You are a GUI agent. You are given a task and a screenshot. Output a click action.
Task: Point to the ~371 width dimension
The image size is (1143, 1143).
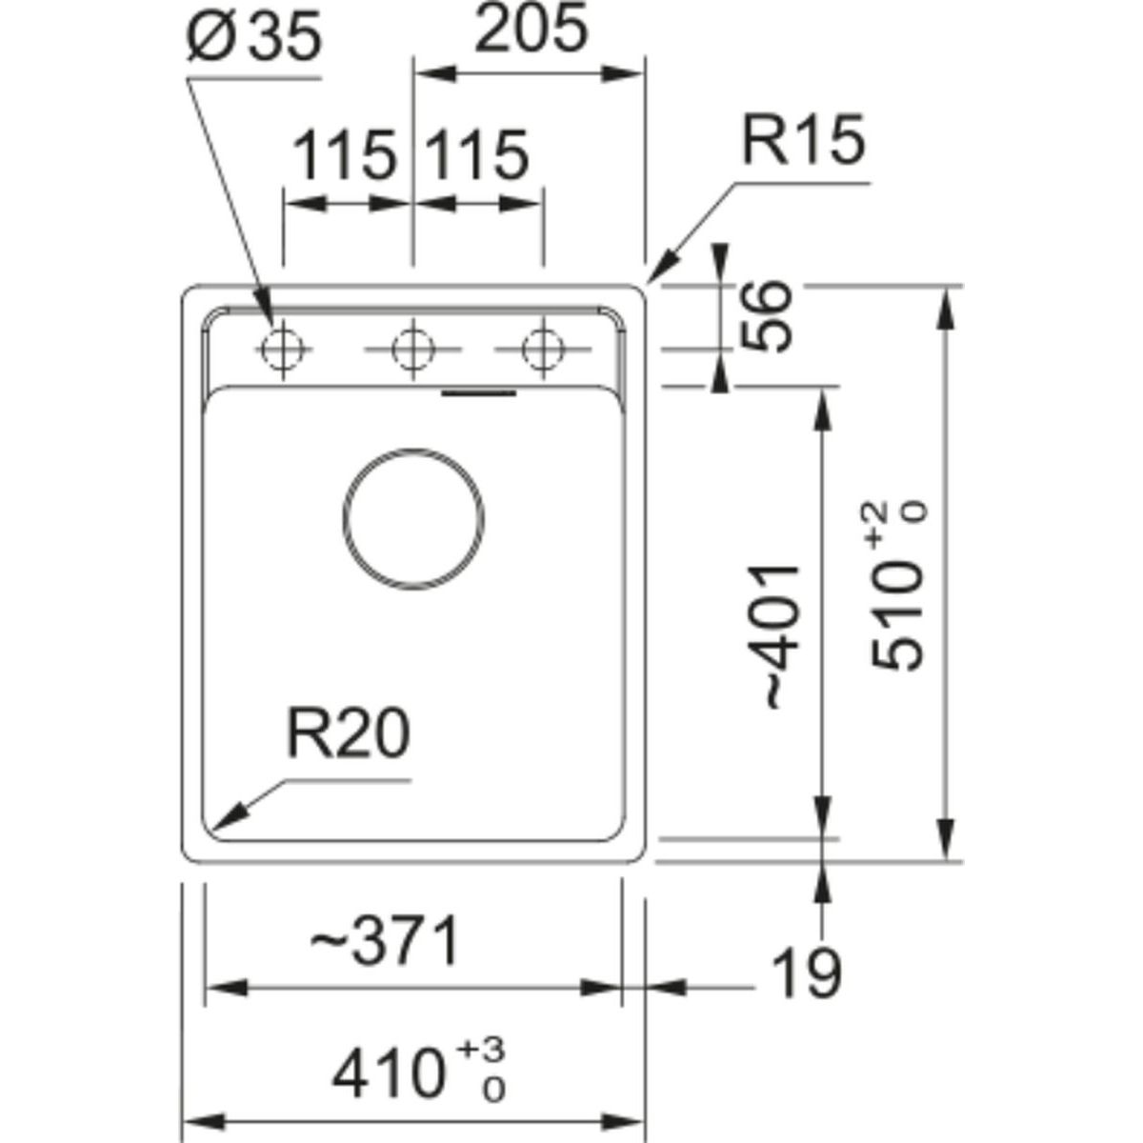click(386, 941)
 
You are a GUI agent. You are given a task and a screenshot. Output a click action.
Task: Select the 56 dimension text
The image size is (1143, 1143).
click(768, 316)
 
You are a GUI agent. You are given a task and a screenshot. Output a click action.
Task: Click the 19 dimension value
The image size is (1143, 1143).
click(807, 973)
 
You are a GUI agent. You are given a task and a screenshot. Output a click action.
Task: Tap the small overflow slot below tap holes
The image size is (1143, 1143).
click(481, 391)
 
